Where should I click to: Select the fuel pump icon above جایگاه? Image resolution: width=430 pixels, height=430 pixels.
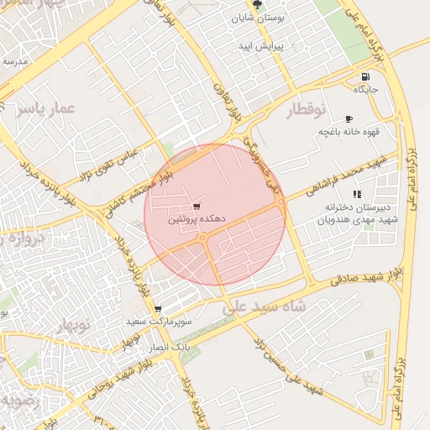(365, 75)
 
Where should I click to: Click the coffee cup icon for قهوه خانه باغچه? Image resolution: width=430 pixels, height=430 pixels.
(349, 119)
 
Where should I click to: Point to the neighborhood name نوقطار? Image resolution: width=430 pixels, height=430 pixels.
(310, 110)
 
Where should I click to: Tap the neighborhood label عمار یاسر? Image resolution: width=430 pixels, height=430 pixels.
(45, 108)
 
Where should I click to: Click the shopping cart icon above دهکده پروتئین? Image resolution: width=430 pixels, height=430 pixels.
(197, 206)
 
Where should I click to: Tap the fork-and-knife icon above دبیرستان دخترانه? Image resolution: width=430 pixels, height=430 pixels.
(358, 195)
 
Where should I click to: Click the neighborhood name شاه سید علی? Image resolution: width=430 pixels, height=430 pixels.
(260, 308)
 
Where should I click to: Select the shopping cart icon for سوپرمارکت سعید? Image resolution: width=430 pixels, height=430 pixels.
(157, 309)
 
